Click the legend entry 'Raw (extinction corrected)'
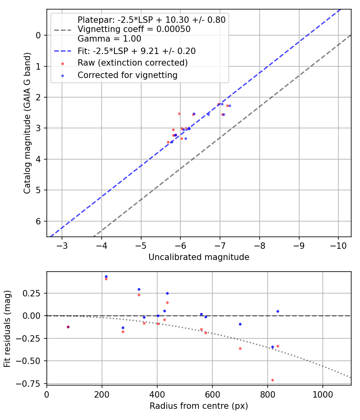tap(132, 63)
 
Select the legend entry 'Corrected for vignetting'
tap(127, 75)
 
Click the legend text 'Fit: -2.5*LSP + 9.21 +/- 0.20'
tap(136, 51)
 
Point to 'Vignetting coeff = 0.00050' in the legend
tap(134, 29)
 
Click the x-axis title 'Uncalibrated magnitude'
tap(199, 257)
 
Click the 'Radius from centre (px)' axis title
tap(199, 406)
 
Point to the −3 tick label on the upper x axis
tap(62, 245)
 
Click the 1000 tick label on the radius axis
tap(322, 394)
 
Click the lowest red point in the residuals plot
tap(272, 380)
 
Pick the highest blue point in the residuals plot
tap(106, 276)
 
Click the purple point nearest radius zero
tap(68, 327)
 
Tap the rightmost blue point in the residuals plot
tap(278, 311)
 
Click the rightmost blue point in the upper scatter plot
tap(230, 106)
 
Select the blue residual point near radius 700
tap(240, 324)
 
